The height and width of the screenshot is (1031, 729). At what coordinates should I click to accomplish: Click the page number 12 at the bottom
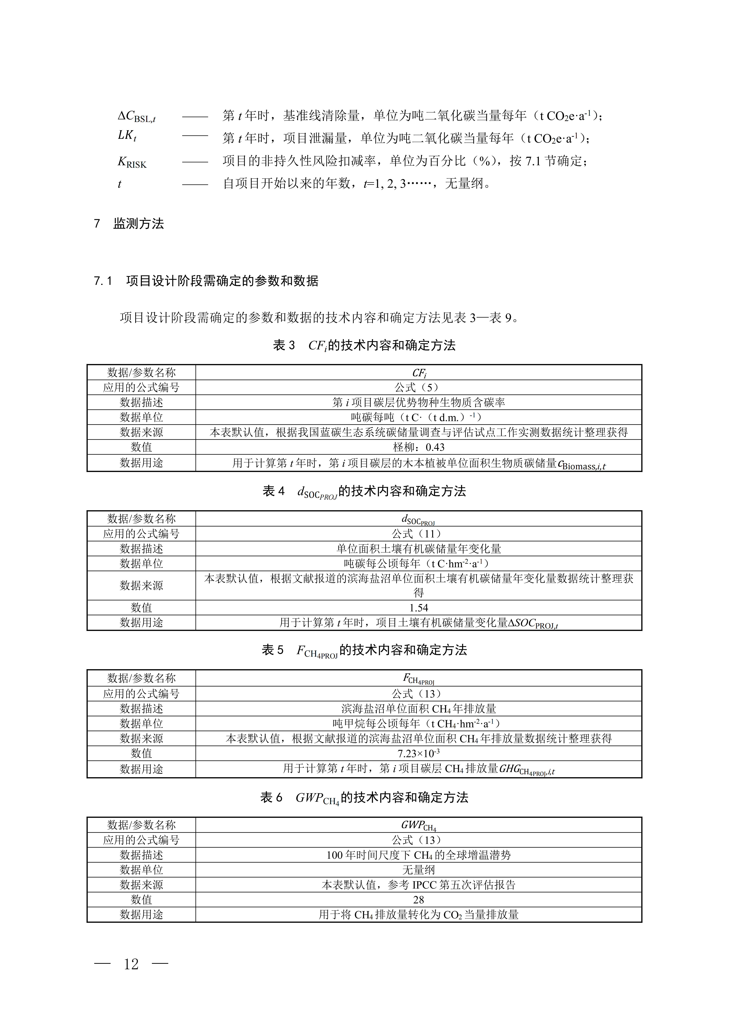click(131, 964)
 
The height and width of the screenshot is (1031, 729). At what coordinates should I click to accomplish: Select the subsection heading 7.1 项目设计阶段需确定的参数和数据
click(206, 281)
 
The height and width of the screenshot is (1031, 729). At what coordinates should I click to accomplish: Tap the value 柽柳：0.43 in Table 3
click(418, 447)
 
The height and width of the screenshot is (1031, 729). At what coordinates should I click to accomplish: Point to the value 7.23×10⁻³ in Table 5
click(418, 753)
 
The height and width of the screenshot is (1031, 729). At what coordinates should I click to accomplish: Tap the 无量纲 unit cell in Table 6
click(418, 870)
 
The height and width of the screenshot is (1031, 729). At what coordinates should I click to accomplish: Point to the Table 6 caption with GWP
click(364, 798)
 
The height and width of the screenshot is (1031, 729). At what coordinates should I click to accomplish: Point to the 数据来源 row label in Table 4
click(141, 586)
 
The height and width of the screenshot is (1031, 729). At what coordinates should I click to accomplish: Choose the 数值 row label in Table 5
click(141, 753)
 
